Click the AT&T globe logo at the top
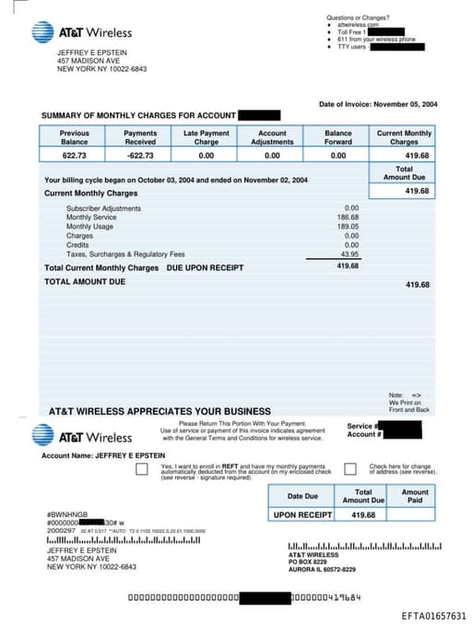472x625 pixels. (x=42, y=32)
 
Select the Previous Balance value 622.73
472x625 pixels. (x=74, y=157)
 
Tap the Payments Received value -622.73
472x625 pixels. (x=140, y=157)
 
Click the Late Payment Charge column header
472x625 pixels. (x=206, y=137)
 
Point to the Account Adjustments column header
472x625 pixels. (x=272, y=137)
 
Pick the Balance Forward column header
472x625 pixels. (x=338, y=137)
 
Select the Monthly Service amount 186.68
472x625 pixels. (x=348, y=218)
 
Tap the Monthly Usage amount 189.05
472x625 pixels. (x=348, y=227)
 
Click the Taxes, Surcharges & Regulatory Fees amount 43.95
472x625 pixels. (x=349, y=254)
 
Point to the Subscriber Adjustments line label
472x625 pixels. (x=103, y=208)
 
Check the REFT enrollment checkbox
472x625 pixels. (x=141, y=469)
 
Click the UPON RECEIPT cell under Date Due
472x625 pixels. (x=302, y=514)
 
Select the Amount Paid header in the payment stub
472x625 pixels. (x=415, y=496)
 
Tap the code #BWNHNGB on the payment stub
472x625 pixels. (x=65, y=514)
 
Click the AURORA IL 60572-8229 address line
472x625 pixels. (x=322, y=570)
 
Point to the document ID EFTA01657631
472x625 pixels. (x=434, y=616)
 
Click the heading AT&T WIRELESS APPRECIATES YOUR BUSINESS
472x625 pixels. (x=159, y=411)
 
